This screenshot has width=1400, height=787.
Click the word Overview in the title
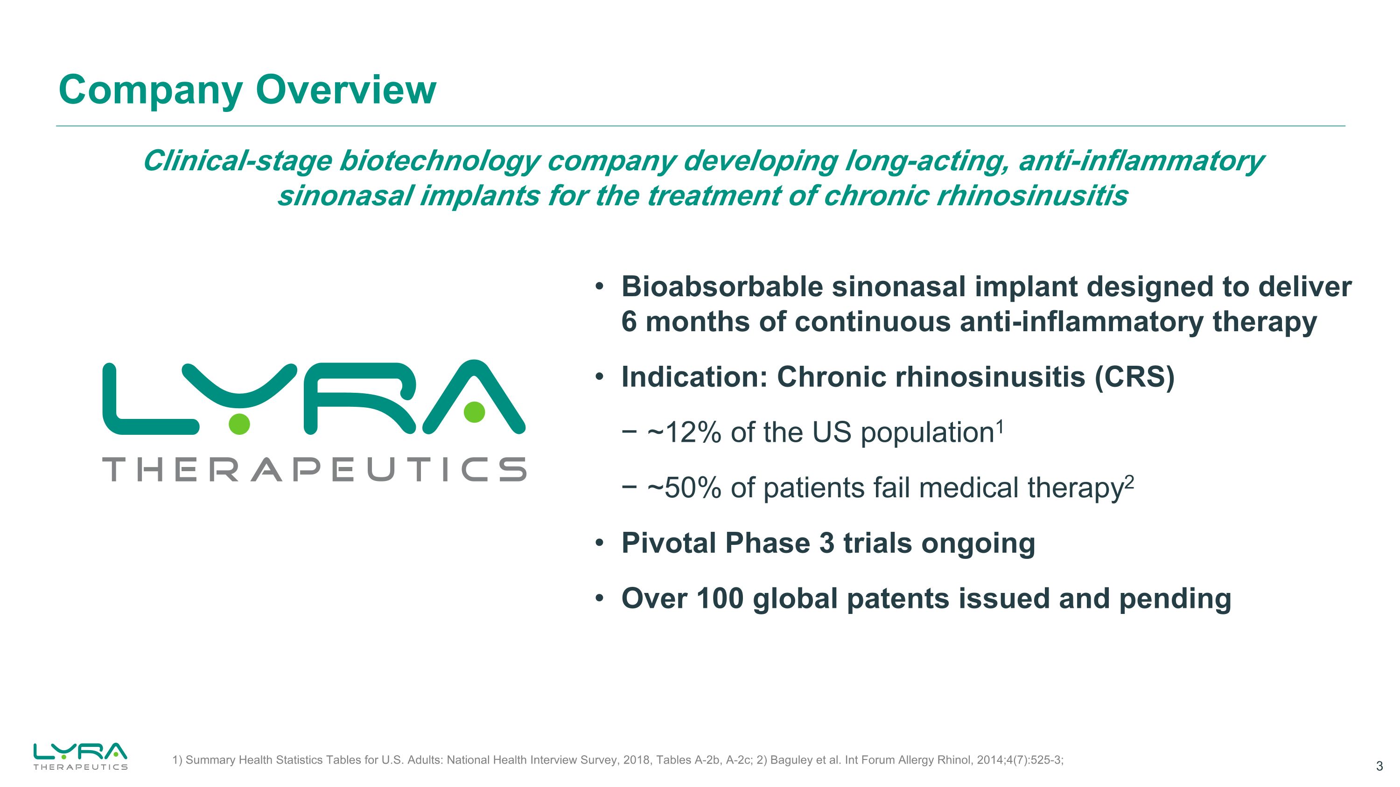346,90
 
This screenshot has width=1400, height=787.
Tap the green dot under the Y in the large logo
239,424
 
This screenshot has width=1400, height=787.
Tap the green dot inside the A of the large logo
474,412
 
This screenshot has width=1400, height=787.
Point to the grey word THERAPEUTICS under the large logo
314,469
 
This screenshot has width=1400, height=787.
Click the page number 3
1379,766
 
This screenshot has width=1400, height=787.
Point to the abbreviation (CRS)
1134,377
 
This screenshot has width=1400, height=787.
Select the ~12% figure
684,433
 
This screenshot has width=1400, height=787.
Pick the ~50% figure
684,488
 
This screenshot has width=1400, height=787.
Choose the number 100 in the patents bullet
720,599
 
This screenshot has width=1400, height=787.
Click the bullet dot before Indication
599,377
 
